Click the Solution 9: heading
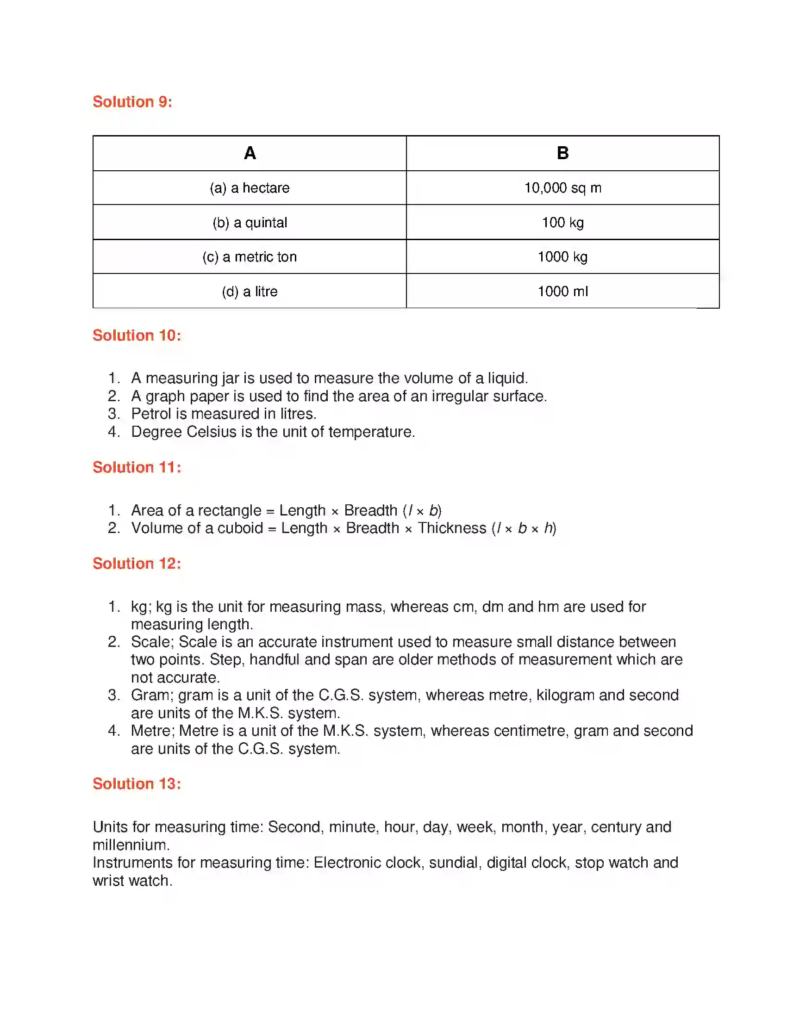click(132, 102)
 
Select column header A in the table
click(250, 153)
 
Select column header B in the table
click(563, 153)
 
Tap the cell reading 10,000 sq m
click(563, 188)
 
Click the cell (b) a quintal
click(250, 222)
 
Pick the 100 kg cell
click(563, 222)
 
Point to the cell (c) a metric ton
click(250, 257)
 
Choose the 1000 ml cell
click(563, 292)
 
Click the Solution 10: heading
click(137, 335)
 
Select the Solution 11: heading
click(137, 467)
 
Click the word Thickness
click(452, 528)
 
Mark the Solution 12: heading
click(137, 563)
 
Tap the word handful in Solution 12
click(274, 659)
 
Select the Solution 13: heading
click(137, 783)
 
